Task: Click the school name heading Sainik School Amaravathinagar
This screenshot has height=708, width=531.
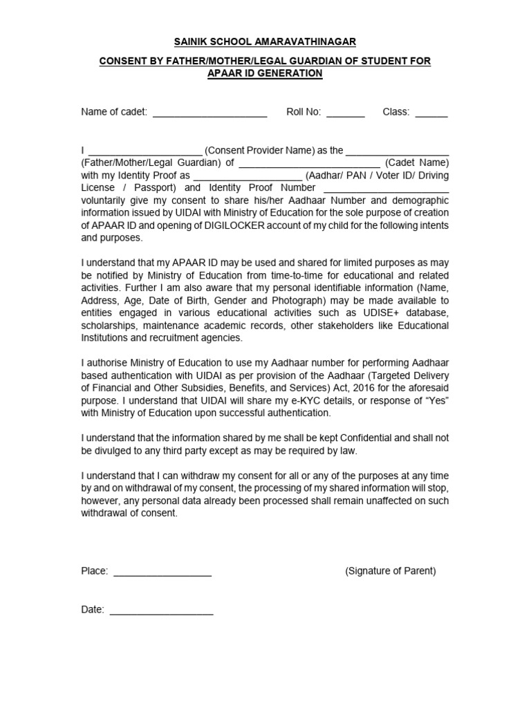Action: [x=265, y=42]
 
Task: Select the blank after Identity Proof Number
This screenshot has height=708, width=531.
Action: [x=386, y=189]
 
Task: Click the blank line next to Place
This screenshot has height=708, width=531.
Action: [x=162, y=572]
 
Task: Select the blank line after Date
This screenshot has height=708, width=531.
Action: [x=161, y=610]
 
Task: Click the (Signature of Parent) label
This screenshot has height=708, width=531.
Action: [x=391, y=571]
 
